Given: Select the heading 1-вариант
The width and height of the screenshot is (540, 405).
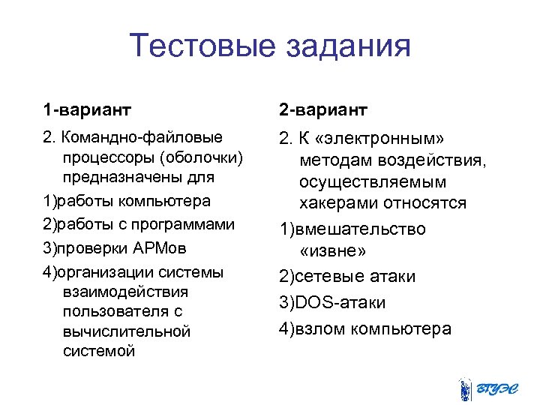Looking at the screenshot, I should [x=87, y=111].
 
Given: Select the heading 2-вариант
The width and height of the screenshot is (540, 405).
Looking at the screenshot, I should [x=323, y=111].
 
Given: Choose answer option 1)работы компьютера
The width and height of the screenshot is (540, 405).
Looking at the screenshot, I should [x=127, y=202].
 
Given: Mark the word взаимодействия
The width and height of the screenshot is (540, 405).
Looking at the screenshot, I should [x=126, y=291].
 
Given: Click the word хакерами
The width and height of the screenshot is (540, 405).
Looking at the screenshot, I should [x=341, y=203].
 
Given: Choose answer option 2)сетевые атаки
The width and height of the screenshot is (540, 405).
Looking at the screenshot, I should [x=347, y=277].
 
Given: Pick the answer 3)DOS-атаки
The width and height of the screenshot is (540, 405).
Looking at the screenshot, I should [x=332, y=302].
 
